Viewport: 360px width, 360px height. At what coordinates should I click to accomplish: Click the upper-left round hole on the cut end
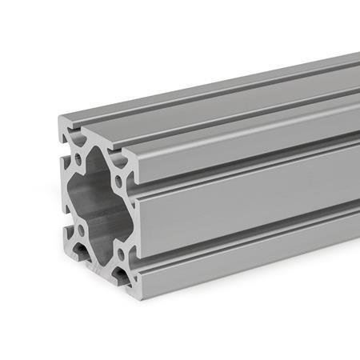(x=78, y=159)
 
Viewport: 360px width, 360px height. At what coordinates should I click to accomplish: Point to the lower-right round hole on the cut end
(x=120, y=254)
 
